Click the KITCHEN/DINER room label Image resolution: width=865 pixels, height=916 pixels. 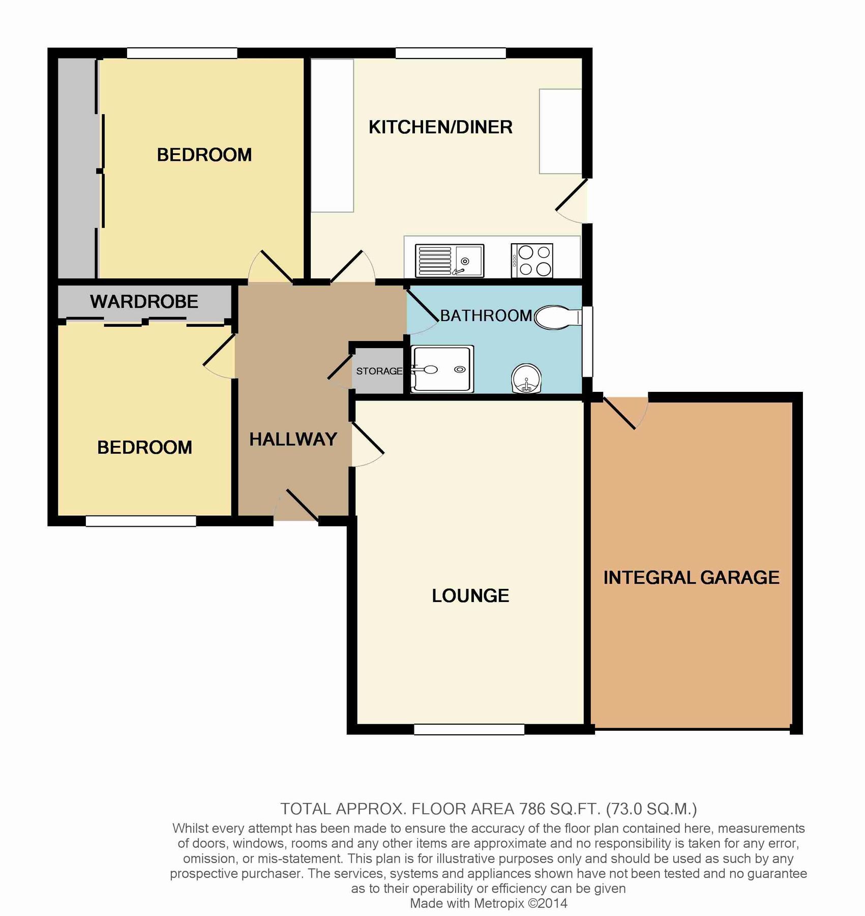[x=440, y=127]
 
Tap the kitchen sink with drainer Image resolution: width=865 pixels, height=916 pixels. [x=449, y=261]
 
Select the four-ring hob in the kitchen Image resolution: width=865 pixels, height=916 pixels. [x=532, y=261]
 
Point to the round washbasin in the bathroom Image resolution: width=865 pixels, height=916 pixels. [x=526, y=378]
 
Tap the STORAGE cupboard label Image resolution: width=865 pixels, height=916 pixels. [x=379, y=371]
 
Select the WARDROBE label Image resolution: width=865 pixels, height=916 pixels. [x=144, y=302]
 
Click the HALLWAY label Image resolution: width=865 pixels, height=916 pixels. [x=293, y=439]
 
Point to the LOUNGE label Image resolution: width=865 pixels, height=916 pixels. [x=470, y=596]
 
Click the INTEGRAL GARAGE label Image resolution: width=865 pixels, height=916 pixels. [x=691, y=578]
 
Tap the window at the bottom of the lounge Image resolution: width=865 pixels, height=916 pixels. [x=469, y=730]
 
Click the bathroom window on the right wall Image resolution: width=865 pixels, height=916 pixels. [x=587, y=341]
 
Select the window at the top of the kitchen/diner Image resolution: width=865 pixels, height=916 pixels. [x=451, y=53]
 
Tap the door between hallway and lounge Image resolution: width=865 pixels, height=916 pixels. [x=367, y=439]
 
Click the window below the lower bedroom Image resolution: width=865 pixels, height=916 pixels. [x=141, y=521]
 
